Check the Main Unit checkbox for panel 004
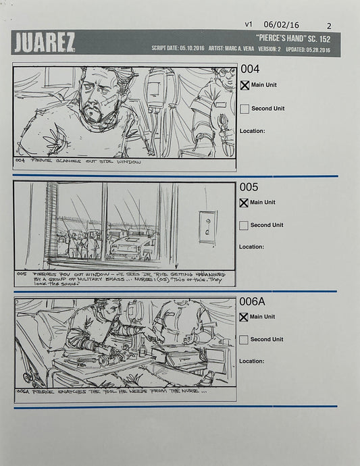(245, 86)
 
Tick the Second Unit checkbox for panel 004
(245, 109)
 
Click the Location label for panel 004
(252, 131)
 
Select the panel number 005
(250, 187)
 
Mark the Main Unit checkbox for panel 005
(245, 203)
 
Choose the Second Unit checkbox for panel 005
(244, 226)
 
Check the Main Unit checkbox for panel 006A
(244, 317)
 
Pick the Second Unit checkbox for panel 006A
(244, 340)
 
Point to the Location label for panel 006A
(252, 361)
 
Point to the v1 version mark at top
(249, 24)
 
